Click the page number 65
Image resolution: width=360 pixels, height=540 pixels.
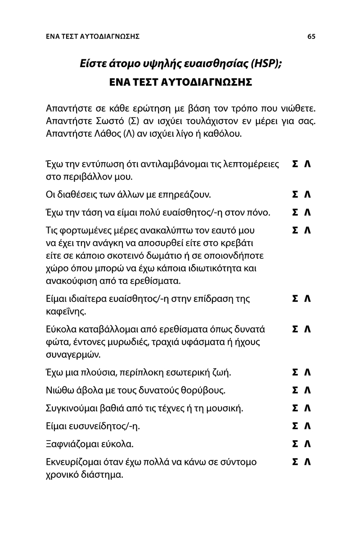click(311, 37)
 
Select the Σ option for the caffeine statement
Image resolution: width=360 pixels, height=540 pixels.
click(295, 299)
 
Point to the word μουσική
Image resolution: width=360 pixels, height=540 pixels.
click(226, 409)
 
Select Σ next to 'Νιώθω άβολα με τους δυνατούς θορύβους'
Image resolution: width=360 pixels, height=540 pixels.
click(295, 390)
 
